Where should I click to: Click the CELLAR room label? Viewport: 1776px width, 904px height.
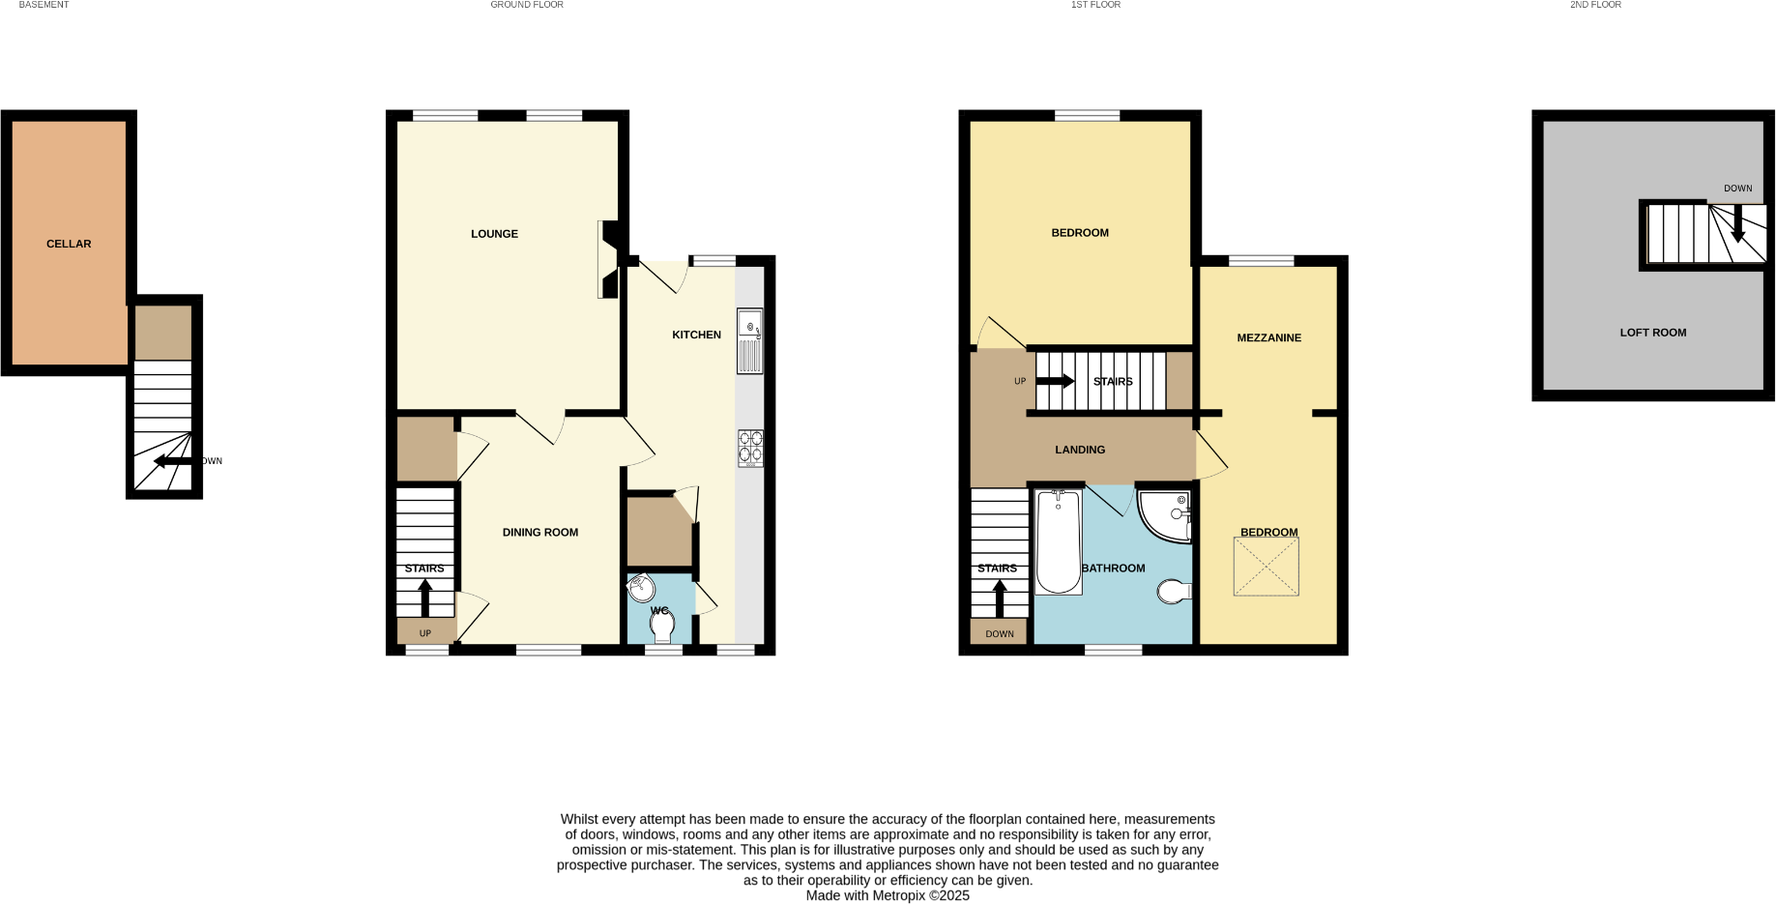point(69,244)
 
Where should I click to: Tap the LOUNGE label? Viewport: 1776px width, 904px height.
point(494,234)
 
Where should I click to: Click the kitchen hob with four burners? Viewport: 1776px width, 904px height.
point(750,448)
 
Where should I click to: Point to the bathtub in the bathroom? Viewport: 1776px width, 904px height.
point(1058,541)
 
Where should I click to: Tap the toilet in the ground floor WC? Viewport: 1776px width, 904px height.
point(662,627)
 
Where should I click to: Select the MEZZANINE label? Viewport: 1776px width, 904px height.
point(1268,337)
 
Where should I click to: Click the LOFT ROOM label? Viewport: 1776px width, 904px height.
point(1652,333)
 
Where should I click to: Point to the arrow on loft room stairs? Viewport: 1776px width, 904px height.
point(1737,224)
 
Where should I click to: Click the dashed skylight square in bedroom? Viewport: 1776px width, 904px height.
point(1266,568)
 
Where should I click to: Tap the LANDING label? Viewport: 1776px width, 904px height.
point(1080,450)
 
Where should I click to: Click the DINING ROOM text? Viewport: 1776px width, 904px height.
point(539,533)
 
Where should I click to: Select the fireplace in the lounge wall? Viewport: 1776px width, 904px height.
point(609,259)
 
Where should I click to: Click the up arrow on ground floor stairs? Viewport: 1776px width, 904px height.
point(424,597)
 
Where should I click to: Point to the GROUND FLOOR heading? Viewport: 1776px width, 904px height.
point(526,5)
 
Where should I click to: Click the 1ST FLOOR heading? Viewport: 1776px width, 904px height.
point(1095,5)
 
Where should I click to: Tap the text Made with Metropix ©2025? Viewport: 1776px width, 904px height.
point(887,895)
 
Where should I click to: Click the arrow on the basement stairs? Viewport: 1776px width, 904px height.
point(172,461)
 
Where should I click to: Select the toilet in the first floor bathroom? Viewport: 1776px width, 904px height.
point(1174,591)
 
